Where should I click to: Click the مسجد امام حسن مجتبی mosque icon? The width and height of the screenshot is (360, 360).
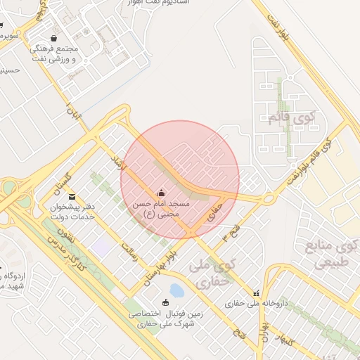point(162,193)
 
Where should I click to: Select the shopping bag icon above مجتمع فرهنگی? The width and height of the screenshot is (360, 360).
point(55,39)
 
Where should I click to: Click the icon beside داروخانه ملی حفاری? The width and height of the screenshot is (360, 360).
point(256,292)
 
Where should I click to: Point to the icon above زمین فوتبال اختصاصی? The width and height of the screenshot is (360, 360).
point(165,303)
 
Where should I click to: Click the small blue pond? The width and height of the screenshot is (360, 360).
point(176,290)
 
